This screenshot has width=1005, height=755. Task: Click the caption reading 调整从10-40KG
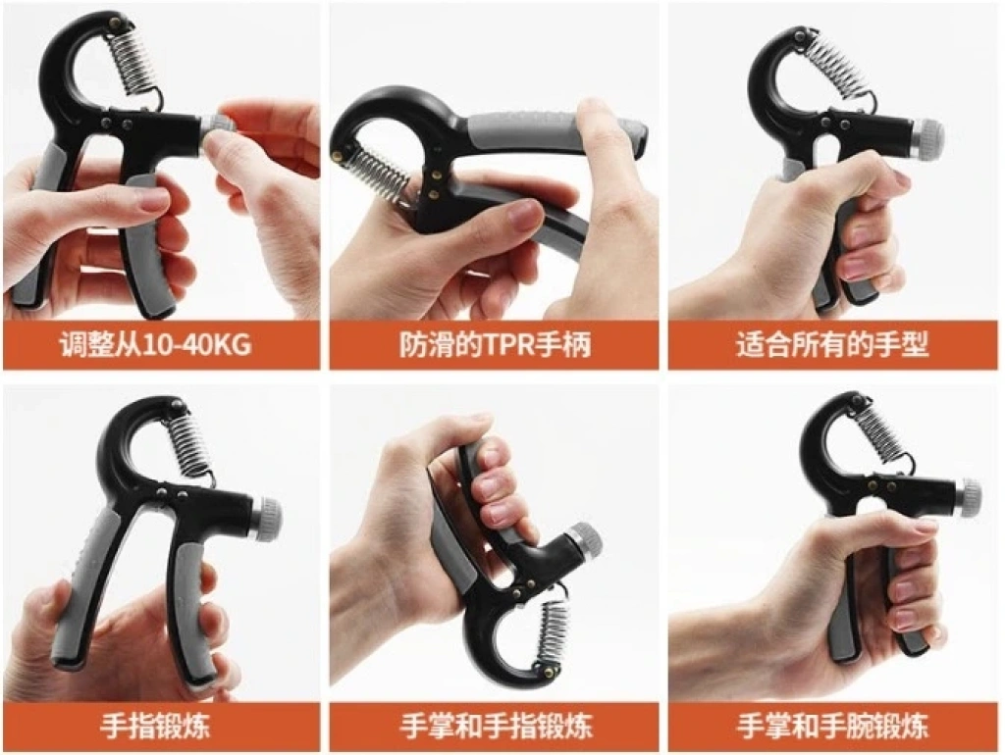click(155, 345)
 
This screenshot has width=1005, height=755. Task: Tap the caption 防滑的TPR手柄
click(495, 345)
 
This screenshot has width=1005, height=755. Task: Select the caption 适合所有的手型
click(832, 345)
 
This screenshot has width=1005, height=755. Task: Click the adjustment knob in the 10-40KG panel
click(217, 131)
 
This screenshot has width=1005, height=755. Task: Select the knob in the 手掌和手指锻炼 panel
click(585, 542)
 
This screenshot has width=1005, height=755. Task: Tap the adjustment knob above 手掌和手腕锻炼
click(968, 497)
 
